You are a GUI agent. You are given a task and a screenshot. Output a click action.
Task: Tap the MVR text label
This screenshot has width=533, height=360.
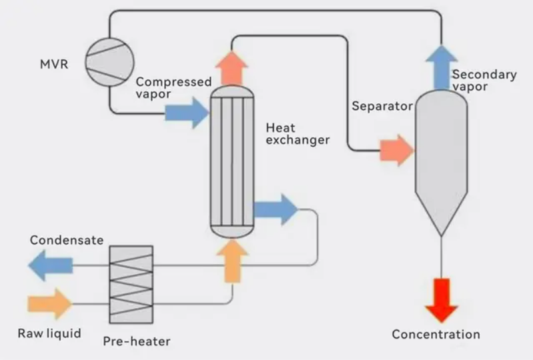coord(55,65)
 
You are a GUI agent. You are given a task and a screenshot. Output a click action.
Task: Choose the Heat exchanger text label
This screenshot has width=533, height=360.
coord(297,133)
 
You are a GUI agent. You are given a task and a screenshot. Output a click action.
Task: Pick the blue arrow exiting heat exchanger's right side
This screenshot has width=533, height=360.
coord(276,210)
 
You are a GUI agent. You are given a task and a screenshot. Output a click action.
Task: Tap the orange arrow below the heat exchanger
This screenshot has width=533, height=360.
coord(232,261)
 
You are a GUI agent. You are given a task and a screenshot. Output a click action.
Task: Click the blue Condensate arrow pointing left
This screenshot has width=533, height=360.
coord(51,265)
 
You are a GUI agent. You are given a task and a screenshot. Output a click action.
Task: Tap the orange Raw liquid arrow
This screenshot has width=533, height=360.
coord(50,304)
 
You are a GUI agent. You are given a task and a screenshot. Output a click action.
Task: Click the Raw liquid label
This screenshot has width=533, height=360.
coord(49,333)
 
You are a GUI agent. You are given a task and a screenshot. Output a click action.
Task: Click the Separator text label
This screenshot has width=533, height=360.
coord(382,106)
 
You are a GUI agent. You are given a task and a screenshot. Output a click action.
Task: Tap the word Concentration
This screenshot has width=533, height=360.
coord(436,334)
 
